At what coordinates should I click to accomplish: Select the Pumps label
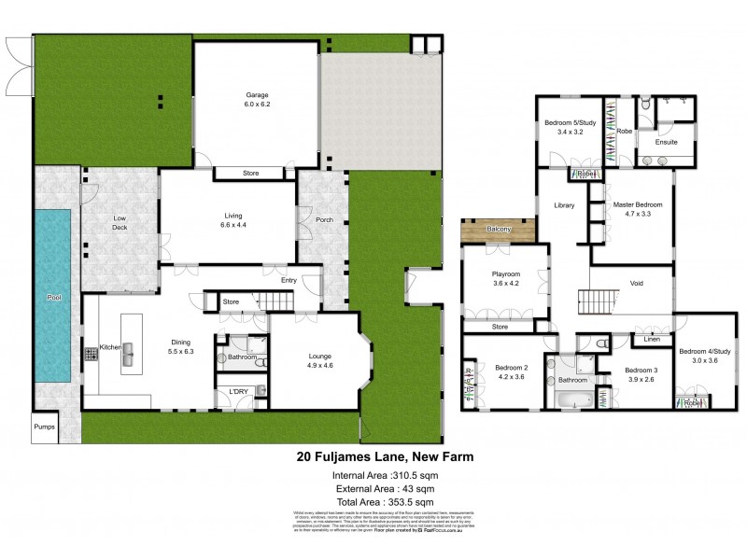[x=44, y=427]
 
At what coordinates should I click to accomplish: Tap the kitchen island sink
[x=130, y=353]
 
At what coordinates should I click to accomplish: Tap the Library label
[x=563, y=205]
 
